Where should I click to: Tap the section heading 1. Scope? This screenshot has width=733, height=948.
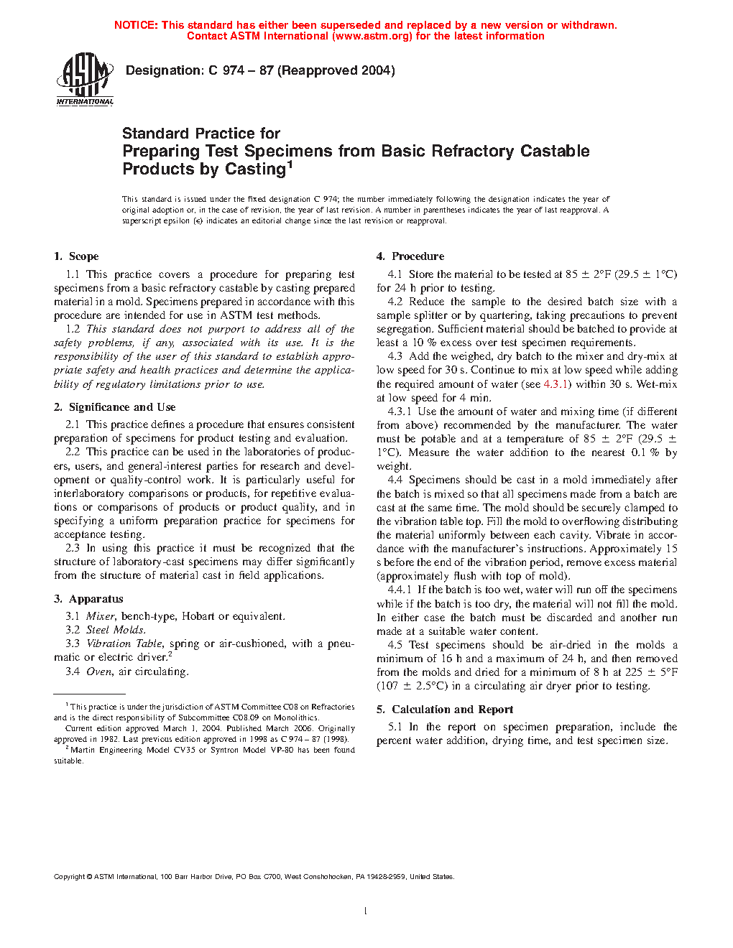tap(76, 256)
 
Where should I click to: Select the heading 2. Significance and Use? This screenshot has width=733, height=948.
tap(114, 407)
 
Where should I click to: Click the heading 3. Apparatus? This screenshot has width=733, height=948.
tap(88, 599)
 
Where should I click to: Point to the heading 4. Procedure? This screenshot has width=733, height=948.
tap(410, 256)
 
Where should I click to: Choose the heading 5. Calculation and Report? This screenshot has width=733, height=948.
tap(445, 710)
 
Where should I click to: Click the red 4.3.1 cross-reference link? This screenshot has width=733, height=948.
tap(556, 384)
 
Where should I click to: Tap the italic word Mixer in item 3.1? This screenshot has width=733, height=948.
tap(101, 616)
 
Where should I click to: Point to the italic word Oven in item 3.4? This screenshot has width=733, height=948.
tap(99, 671)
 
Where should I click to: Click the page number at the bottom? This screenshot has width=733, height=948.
tap(366, 911)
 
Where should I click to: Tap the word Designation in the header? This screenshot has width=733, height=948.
tap(165, 70)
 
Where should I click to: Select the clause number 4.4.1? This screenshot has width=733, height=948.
tap(400, 590)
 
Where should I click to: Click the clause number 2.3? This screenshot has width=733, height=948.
tap(73, 548)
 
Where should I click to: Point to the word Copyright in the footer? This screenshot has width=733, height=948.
tap(70, 876)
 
